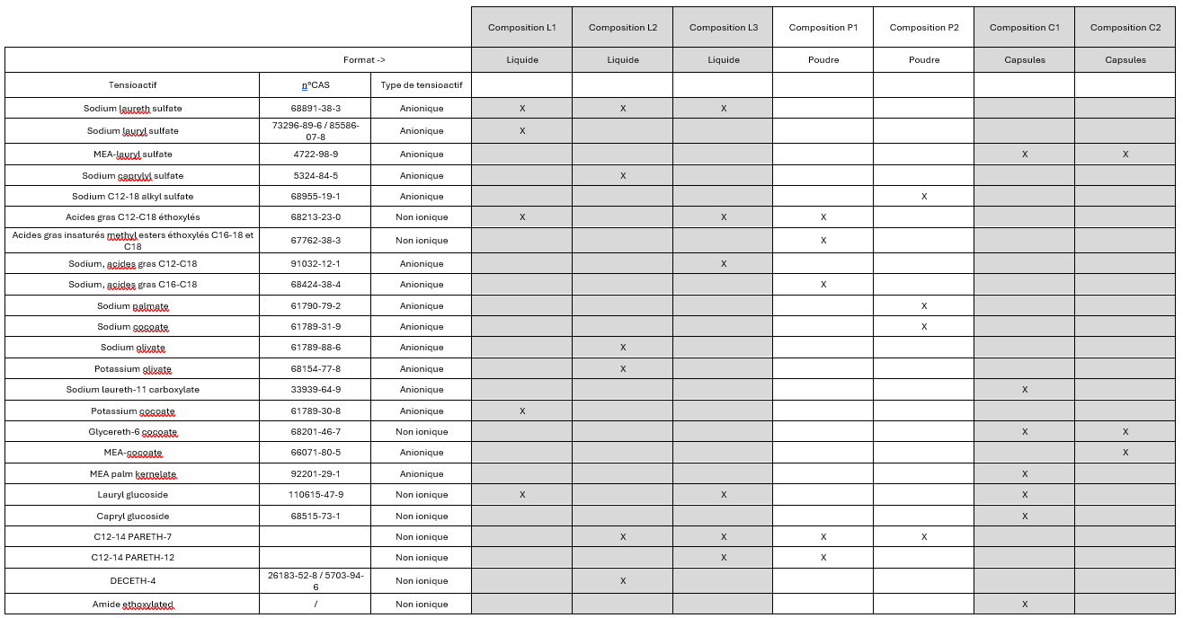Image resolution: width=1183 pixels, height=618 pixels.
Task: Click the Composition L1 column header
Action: coord(522,28)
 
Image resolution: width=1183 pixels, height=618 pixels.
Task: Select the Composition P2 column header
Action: coord(924,28)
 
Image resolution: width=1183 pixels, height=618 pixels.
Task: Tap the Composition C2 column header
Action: coord(1125,28)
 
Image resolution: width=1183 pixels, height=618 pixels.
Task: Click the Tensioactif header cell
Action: coord(132,85)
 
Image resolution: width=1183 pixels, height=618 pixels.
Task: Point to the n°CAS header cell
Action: coord(315,85)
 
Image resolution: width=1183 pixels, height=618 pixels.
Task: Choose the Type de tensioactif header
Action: coord(422,85)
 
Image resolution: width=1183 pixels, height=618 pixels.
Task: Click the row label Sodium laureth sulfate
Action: coord(132,109)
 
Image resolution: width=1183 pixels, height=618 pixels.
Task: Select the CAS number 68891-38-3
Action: coord(316,109)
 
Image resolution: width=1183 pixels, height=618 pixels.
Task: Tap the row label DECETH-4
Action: coord(132,580)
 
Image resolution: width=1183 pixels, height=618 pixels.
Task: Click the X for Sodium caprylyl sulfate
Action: coord(623,176)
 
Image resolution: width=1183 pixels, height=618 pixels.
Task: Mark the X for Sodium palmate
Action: coord(924,306)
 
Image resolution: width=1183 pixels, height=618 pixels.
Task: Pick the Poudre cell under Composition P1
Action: coord(823,60)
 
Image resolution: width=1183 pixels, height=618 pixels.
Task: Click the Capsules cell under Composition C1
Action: coord(1025,60)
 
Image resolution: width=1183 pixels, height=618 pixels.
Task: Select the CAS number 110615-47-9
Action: coord(316,495)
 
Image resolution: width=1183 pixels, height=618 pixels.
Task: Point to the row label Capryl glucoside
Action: coord(132,516)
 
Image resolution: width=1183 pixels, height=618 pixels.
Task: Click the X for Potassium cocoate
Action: coord(522,411)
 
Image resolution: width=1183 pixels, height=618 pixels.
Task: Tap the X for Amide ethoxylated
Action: coord(1025,605)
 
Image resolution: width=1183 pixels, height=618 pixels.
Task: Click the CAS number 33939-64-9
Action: coord(316,390)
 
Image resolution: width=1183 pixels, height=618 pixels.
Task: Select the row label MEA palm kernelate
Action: coord(132,474)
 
